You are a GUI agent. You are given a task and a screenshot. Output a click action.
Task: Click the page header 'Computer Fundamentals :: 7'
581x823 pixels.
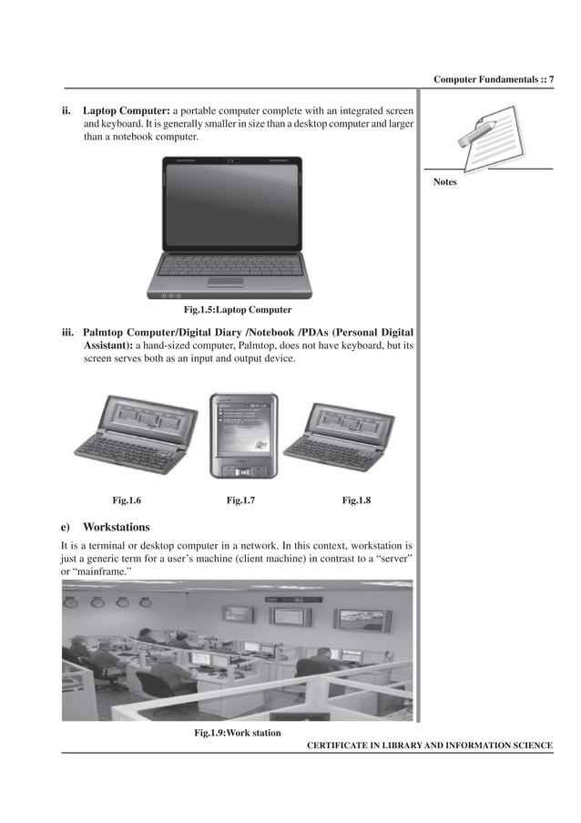[x=494, y=80]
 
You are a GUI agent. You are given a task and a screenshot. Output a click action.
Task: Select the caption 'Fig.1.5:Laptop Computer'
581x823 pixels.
[x=238, y=310]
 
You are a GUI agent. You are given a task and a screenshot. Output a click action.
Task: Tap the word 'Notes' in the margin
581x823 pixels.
[x=445, y=182]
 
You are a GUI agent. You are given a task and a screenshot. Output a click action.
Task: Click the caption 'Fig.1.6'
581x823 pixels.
[x=127, y=499]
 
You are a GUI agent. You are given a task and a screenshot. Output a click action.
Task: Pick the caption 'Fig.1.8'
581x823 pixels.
[x=356, y=499]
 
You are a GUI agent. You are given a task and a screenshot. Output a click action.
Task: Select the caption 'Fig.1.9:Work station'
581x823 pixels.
[x=238, y=733]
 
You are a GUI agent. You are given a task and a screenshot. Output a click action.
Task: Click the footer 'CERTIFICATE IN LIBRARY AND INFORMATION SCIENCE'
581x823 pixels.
[x=429, y=746]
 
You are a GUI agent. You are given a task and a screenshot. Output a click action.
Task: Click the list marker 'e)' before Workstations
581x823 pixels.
[x=66, y=527]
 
